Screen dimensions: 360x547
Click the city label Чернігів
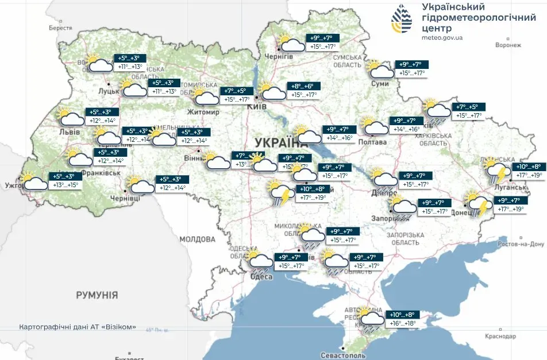[279, 56]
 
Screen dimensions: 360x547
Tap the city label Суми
[380, 84]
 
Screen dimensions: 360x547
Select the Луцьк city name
[109, 91]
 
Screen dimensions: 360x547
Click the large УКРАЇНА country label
[274, 142]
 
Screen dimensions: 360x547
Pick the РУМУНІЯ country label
[97, 295]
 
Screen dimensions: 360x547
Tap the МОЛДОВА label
[197, 239]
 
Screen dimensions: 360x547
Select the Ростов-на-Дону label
[520, 244]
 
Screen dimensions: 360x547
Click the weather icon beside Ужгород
[34, 181]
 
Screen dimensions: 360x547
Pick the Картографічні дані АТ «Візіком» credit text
[78, 327]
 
